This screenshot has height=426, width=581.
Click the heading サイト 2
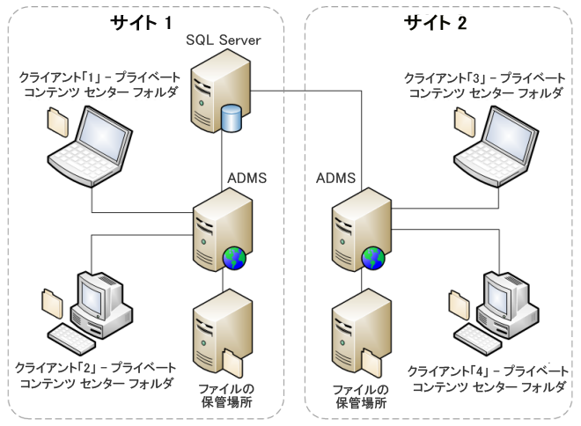pyautogui.click(x=436, y=22)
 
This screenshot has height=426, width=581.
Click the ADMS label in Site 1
pyautogui.click(x=247, y=178)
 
